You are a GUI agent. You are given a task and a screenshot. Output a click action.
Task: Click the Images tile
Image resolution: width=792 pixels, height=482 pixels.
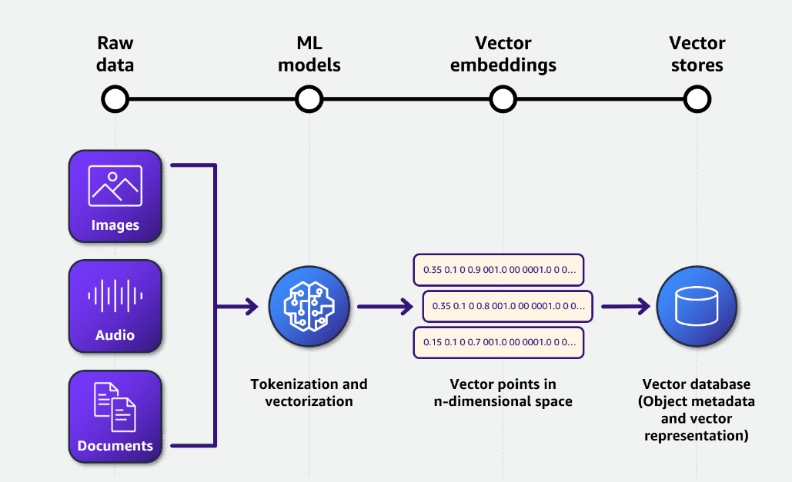click(115, 195)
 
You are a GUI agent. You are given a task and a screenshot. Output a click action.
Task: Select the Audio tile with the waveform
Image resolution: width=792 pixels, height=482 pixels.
click(115, 305)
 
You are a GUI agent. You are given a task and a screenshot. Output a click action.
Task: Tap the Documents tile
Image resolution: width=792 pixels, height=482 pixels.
click(115, 416)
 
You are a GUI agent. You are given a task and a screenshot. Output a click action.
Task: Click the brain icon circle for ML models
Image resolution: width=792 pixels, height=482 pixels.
click(308, 307)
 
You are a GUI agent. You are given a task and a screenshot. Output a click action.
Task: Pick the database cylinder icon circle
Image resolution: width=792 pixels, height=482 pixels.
click(697, 307)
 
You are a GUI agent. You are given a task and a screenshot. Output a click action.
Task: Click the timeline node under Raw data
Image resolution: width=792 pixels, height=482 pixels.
click(115, 99)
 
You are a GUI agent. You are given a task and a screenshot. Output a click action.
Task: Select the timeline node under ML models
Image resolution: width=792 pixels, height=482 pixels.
click(309, 99)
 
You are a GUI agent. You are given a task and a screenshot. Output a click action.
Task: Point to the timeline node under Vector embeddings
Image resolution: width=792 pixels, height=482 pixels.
click(503, 99)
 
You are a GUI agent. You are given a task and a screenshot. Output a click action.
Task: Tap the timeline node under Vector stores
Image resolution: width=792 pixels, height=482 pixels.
click(697, 99)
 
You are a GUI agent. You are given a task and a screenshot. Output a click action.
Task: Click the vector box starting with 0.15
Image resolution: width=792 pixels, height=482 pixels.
click(498, 342)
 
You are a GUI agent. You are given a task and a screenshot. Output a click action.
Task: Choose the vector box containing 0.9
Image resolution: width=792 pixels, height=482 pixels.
click(498, 270)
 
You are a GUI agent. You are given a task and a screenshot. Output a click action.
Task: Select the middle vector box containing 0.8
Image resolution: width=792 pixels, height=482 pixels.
click(507, 306)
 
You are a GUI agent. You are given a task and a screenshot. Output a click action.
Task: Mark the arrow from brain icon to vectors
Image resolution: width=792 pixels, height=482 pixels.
click(385, 307)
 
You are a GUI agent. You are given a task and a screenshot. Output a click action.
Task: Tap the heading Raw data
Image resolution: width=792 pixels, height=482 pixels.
click(115, 54)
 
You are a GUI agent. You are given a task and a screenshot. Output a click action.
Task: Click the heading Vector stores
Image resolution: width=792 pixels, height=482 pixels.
click(697, 54)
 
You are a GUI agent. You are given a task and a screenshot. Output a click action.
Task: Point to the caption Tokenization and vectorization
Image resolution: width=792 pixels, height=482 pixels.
click(309, 392)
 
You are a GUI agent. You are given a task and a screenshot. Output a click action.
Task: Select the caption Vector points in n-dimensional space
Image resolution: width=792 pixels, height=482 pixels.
click(503, 392)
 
